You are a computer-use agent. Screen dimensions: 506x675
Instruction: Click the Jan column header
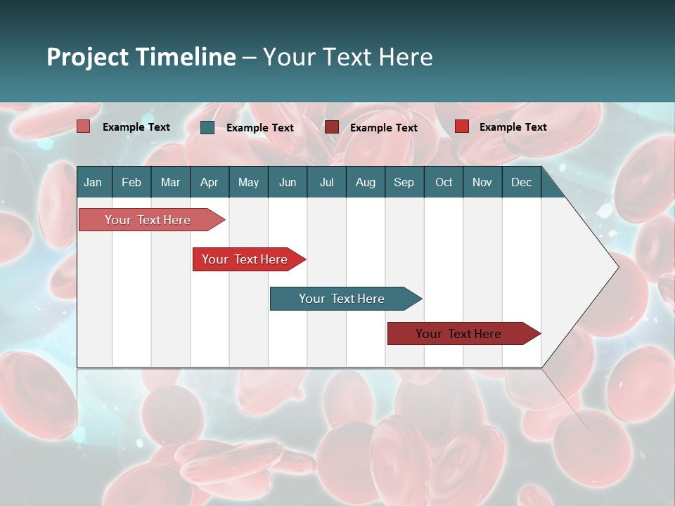(x=93, y=183)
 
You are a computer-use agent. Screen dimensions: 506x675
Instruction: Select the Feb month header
(x=131, y=183)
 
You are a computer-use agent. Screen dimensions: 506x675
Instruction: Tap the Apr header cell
(x=209, y=183)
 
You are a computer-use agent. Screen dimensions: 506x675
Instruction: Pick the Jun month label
(x=288, y=183)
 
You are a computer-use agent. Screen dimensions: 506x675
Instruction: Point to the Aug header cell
(x=365, y=183)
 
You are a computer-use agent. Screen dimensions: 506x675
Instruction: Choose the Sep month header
(x=404, y=183)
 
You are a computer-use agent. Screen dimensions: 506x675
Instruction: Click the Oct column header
(x=444, y=183)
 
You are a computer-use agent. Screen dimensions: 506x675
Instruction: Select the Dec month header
(x=521, y=183)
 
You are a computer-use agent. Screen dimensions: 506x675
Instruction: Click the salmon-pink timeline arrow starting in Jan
(x=148, y=220)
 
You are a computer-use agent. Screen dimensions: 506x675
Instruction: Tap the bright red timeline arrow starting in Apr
(x=245, y=259)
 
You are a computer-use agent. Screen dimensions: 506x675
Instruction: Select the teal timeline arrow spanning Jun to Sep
(x=342, y=299)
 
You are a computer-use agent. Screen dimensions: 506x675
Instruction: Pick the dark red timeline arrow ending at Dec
(x=458, y=334)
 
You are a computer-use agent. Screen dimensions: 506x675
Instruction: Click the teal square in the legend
(x=207, y=127)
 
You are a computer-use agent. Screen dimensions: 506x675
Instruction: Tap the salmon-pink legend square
(x=84, y=126)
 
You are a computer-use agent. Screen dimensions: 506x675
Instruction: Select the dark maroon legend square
(x=332, y=127)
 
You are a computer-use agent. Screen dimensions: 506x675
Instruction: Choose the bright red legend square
(x=462, y=126)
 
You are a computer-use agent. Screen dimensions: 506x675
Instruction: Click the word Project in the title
(x=86, y=57)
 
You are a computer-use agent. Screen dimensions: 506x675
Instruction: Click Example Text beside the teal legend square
(x=260, y=128)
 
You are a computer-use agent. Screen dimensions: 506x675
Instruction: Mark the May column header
(x=248, y=183)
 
